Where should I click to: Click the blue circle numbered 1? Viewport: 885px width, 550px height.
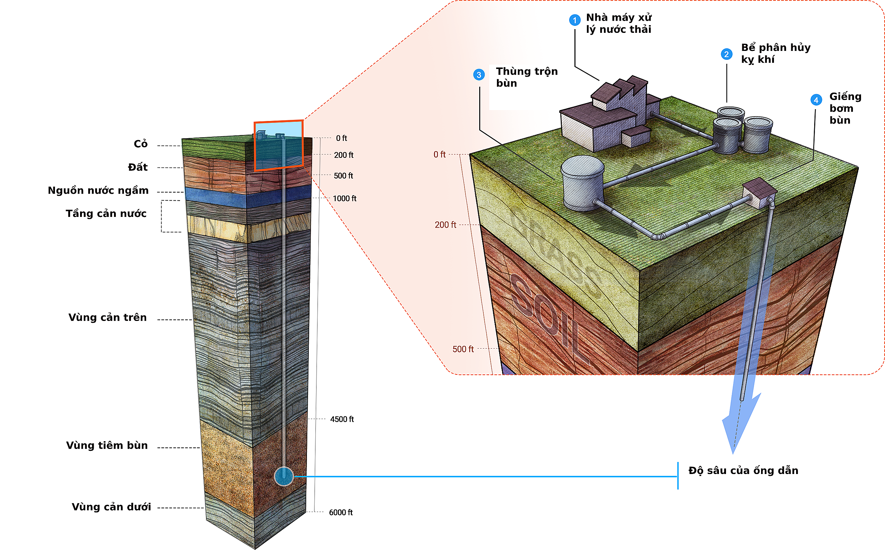pos(574,20)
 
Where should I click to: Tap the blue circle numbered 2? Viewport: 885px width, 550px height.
pos(726,54)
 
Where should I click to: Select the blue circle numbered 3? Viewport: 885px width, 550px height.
pos(479,75)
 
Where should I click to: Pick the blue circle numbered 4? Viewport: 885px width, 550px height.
pos(816,100)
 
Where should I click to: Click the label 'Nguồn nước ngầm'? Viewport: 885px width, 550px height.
pos(98,191)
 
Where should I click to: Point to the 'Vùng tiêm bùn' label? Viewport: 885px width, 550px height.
pos(107,446)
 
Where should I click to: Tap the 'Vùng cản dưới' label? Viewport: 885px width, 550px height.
pos(111,507)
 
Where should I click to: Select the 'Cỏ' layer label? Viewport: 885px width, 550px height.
pos(141,144)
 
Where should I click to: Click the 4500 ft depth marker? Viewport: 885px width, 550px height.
pos(342,419)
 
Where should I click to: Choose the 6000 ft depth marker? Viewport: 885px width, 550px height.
pos(341,512)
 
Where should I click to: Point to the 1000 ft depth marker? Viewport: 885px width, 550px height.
pos(345,198)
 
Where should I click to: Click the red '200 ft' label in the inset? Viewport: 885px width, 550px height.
pos(445,225)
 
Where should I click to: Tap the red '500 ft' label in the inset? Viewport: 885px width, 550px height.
pos(463,349)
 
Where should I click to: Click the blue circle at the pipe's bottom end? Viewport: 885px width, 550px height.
pos(284,476)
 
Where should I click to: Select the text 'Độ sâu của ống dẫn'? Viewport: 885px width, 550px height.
pos(743,471)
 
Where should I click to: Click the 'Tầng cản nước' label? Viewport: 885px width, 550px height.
pos(106,214)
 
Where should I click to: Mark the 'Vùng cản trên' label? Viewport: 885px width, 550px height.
pos(108,318)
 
